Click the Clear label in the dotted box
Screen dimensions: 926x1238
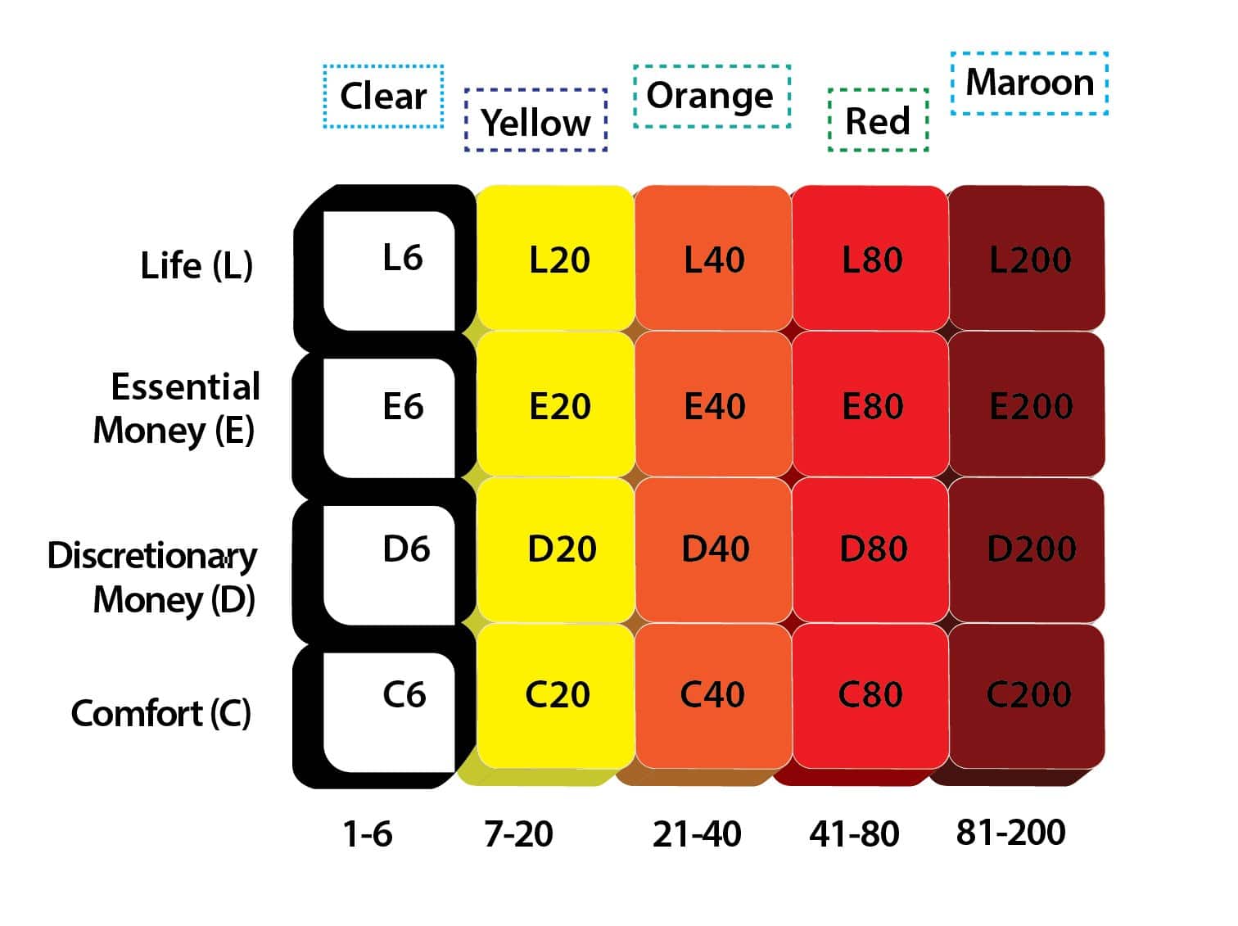(x=383, y=97)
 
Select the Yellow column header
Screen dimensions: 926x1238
(x=535, y=121)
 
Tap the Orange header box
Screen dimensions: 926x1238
(x=711, y=96)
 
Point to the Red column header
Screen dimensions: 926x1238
(x=878, y=121)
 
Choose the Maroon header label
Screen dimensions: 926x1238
(x=1029, y=83)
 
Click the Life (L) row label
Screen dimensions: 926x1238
(x=197, y=265)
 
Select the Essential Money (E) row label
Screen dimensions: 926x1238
(x=176, y=408)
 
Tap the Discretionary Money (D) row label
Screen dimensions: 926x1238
(x=152, y=576)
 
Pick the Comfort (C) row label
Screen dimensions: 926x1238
(x=161, y=713)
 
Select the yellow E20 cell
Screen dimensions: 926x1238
(x=557, y=405)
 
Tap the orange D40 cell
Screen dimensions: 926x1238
(x=714, y=549)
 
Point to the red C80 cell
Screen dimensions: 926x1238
(x=870, y=695)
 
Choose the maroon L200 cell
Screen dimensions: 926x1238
(x=1028, y=260)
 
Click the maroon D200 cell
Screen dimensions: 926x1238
(x=1030, y=549)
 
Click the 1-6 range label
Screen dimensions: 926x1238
(x=368, y=834)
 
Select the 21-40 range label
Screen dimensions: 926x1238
(x=697, y=834)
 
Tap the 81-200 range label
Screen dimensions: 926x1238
(x=1010, y=833)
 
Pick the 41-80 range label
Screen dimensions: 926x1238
(x=854, y=834)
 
